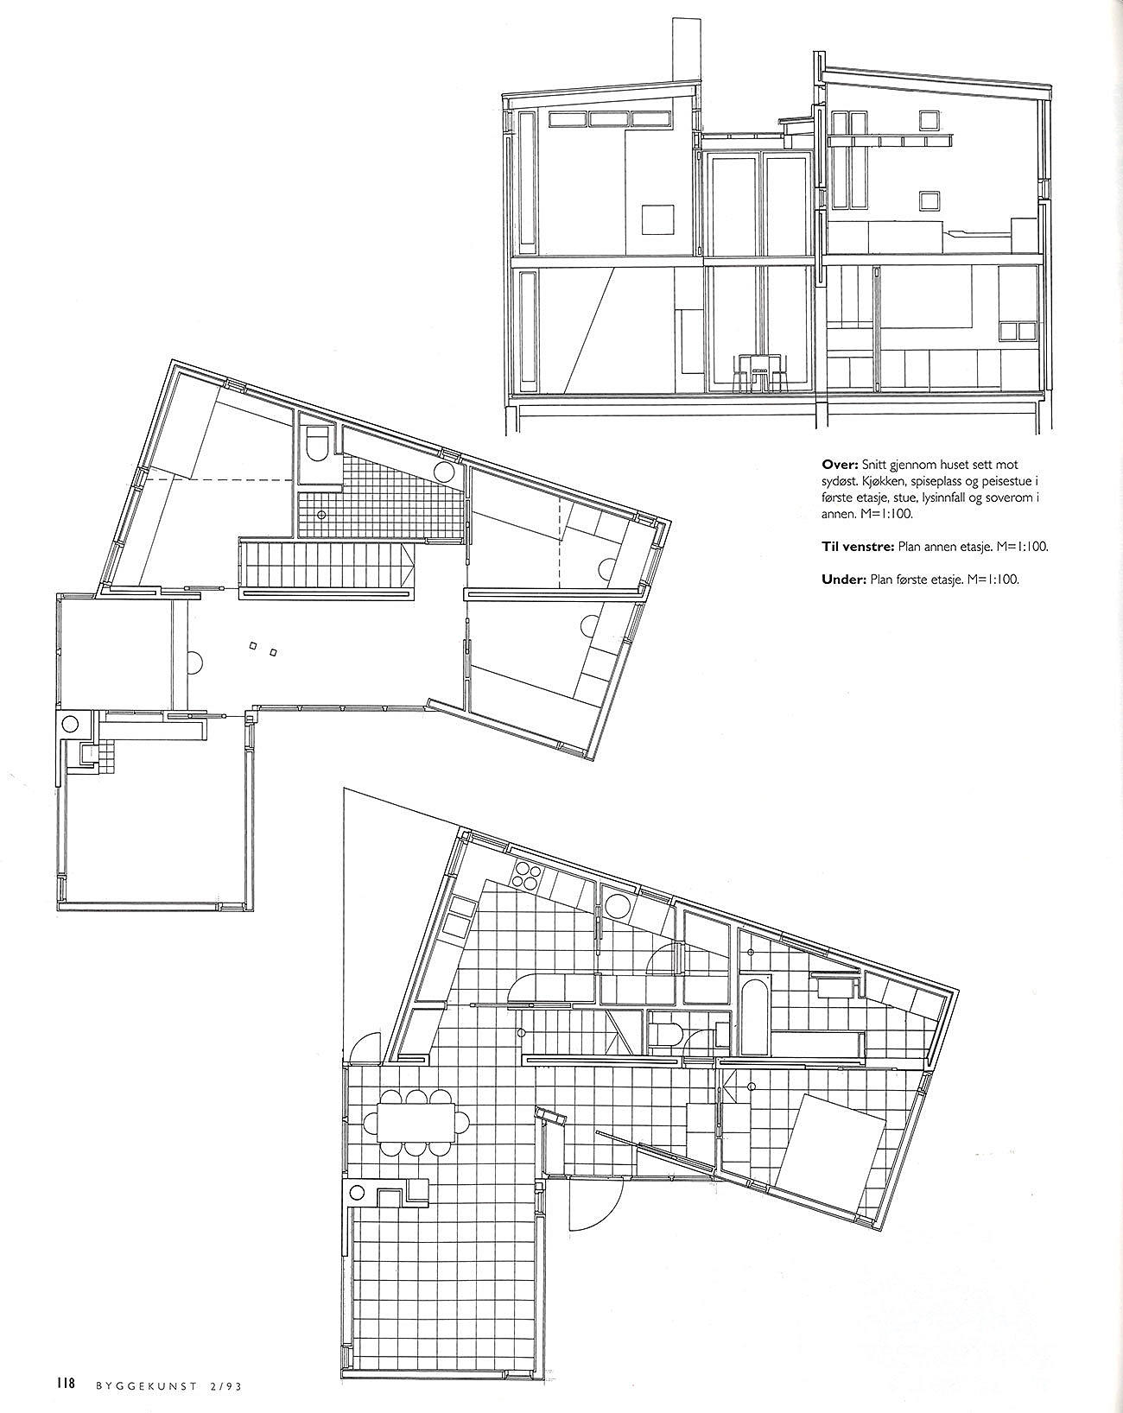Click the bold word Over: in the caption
[x=840, y=465]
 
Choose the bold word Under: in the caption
[x=844, y=580]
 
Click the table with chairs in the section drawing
[x=759, y=373]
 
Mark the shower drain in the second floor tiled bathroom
[x=321, y=516]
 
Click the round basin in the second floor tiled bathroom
[x=445, y=472]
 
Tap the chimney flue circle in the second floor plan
[x=70, y=725]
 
